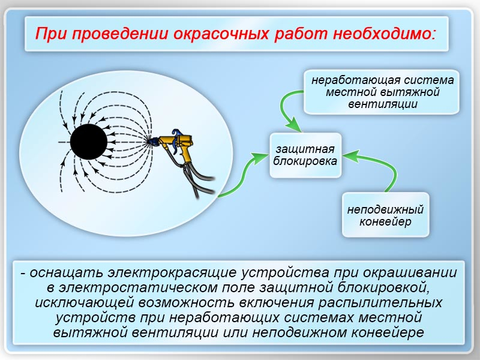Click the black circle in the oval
[x=89, y=142]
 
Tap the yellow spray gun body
[x=180, y=143]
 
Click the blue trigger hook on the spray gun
[x=176, y=133]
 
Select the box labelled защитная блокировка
[x=305, y=155]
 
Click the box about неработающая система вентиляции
[x=382, y=92]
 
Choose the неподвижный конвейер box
[x=385, y=215]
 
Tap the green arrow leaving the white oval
[x=242, y=178]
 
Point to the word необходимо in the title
[x=383, y=34]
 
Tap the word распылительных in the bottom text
[x=380, y=303]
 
